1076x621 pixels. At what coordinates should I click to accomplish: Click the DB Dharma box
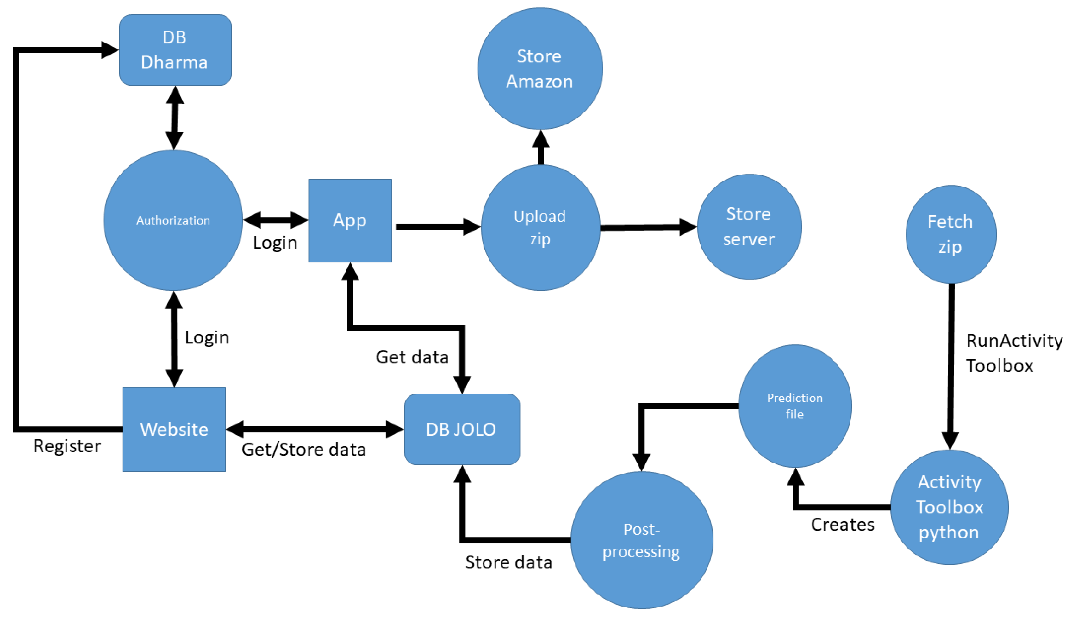(x=175, y=50)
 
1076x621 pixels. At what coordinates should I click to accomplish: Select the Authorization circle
(x=173, y=220)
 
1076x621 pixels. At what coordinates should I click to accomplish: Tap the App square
(x=350, y=220)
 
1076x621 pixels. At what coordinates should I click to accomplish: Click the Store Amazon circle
(x=540, y=68)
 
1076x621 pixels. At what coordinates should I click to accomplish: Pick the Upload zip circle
(x=540, y=227)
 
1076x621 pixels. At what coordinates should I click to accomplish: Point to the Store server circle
(x=749, y=227)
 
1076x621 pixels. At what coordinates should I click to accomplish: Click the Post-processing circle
(x=641, y=540)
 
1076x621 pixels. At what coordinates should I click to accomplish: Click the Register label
(x=67, y=446)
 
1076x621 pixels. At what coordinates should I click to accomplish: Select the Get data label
(x=412, y=357)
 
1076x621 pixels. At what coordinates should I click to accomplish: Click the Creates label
(x=842, y=524)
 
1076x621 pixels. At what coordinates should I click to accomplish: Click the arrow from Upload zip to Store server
(x=648, y=227)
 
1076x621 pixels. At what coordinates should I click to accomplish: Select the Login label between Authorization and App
(x=275, y=243)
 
